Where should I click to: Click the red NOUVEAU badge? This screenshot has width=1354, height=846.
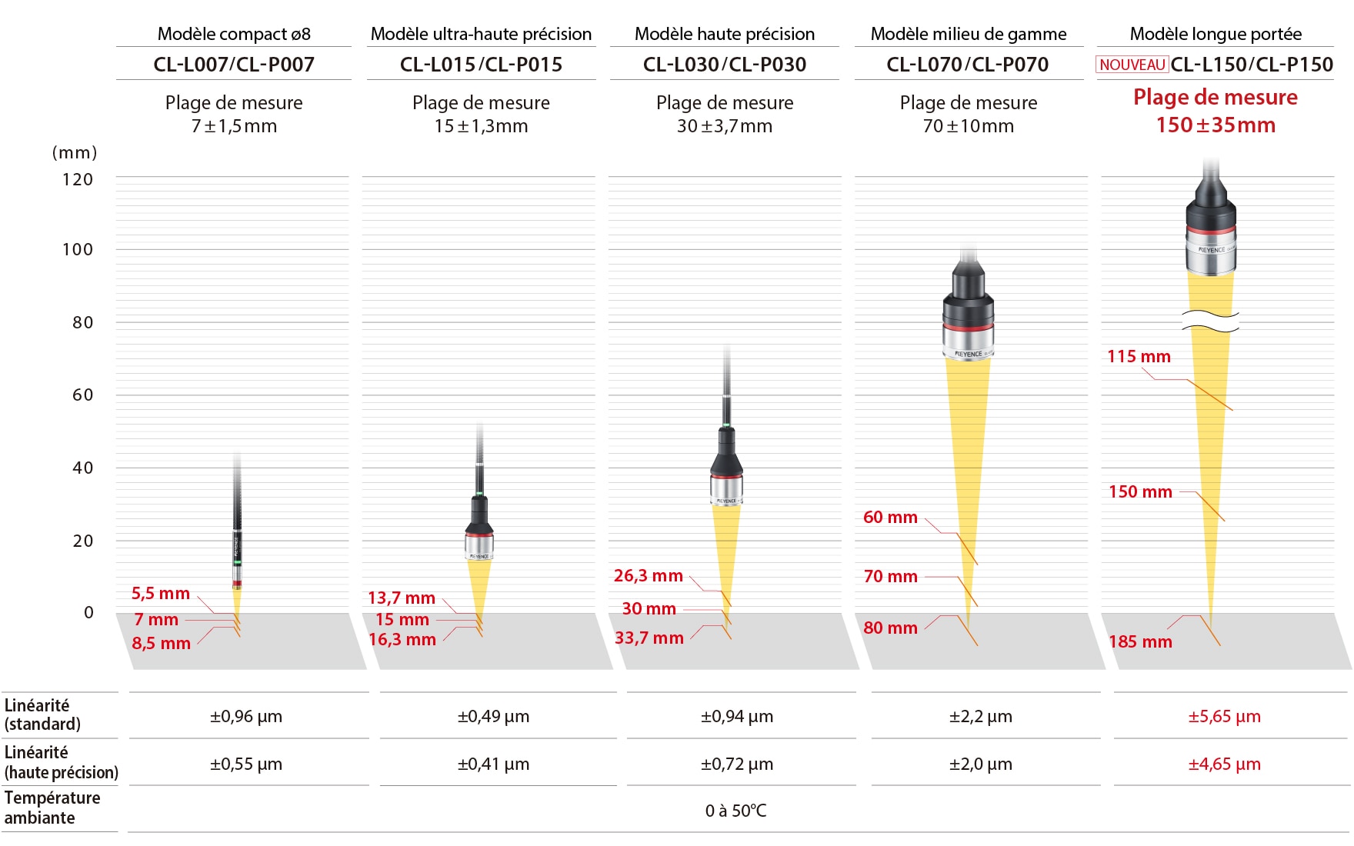[x=1132, y=65]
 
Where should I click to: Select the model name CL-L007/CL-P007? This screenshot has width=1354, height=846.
[x=234, y=65]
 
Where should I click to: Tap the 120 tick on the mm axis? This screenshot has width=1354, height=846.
[x=78, y=179]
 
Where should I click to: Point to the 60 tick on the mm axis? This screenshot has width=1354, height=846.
[x=82, y=395]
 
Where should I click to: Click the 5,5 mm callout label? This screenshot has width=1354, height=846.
[x=161, y=593]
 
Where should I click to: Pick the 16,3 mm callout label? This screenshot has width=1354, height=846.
[x=402, y=639]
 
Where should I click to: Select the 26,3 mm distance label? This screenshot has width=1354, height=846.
[x=648, y=575]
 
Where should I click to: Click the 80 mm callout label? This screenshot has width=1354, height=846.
[x=890, y=628]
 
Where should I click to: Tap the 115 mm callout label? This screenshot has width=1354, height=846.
[x=1139, y=356]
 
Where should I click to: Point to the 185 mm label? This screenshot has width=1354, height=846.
[x=1140, y=641]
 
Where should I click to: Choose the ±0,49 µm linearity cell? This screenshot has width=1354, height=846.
[x=493, y=716]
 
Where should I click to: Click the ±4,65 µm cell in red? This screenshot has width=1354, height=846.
[x=1224, y=764]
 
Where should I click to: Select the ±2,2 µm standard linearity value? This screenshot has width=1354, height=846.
[x=980, y=716]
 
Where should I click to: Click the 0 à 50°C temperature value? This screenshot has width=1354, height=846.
[x=735, y=811]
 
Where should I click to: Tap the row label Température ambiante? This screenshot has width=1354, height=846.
[x=52, y=808]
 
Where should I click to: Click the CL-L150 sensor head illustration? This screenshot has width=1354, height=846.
[x=1211, y=231]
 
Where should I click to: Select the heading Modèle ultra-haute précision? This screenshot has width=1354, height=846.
[x=481, y=34]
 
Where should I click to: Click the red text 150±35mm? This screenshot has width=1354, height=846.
[x=1216, y=125]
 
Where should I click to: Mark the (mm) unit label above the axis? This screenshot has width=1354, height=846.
[x=75, y=152]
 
